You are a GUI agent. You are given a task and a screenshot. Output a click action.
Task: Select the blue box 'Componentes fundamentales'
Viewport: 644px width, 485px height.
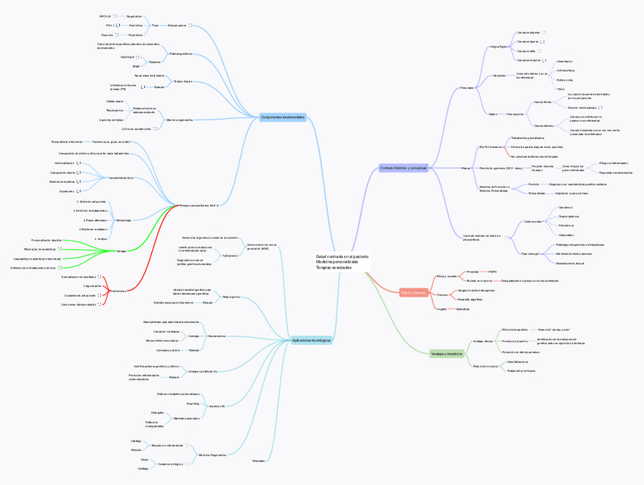(x=282, y=117)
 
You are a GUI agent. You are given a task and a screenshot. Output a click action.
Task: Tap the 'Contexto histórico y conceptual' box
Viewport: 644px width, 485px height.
(x=403, y=168)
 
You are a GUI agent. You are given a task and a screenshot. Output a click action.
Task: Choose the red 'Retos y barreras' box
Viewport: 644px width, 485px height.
(x=413, y=292)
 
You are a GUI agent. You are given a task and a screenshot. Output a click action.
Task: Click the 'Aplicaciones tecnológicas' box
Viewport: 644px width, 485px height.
(x=311, y=341)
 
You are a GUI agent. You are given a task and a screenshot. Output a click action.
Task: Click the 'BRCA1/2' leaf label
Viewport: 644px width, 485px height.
(x=105, y=15)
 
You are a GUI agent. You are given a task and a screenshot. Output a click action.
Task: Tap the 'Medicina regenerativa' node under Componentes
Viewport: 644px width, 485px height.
(x=179, y=119)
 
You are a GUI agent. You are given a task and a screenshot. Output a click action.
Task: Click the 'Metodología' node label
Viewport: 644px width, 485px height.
(x=123, y=219)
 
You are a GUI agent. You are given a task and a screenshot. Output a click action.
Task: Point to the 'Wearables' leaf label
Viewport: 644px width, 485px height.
(x=259, y=460)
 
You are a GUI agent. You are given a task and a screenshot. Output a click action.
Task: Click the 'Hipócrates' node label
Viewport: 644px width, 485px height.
(x=500, y=76)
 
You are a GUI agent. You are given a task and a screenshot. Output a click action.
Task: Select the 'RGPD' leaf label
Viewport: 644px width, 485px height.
(x=492, y=271)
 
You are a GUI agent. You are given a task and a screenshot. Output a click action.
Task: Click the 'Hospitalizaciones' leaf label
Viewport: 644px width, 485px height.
(x=517, y=362)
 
